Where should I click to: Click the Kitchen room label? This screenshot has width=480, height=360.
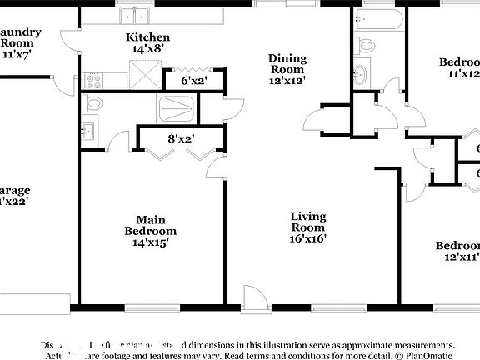[x=147, y=37]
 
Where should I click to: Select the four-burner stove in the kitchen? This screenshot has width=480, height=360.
[x=93, y=80]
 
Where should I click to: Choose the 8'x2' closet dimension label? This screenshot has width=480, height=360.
[x=181, y=139]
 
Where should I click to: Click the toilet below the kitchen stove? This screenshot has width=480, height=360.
[x=93, y=104]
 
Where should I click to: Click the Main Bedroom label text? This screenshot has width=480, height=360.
[x=150, y=224]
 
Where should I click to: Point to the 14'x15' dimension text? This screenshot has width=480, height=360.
[x=150, y=242]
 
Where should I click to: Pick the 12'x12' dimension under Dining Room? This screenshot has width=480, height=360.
[x=287, y=81]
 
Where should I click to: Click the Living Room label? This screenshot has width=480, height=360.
[x=307, y=222]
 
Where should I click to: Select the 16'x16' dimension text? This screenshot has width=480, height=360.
[x=307, y=238]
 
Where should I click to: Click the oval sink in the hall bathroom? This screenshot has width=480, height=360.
[x=360, y=73]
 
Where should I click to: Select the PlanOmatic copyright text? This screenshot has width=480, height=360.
[x=425, y=355]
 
